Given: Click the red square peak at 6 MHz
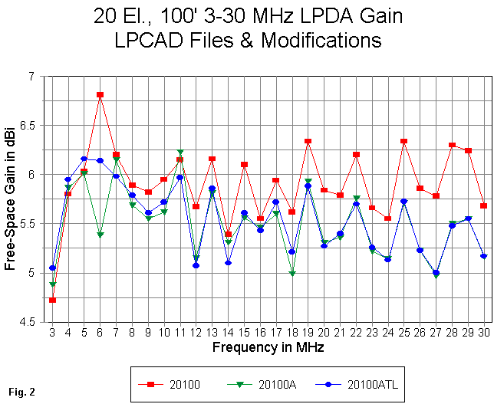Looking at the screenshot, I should click(x=100, y=95).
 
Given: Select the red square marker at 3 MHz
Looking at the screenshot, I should click(x=52, y=300).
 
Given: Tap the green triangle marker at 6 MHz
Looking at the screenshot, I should click(x=100, y=235).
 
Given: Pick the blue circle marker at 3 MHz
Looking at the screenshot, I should click(x=52, y=268).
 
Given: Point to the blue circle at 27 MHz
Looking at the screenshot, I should click(x=436, y=272).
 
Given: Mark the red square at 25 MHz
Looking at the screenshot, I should click(x=404, y=141).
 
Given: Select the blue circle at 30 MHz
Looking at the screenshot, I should click(x=484, y=256).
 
